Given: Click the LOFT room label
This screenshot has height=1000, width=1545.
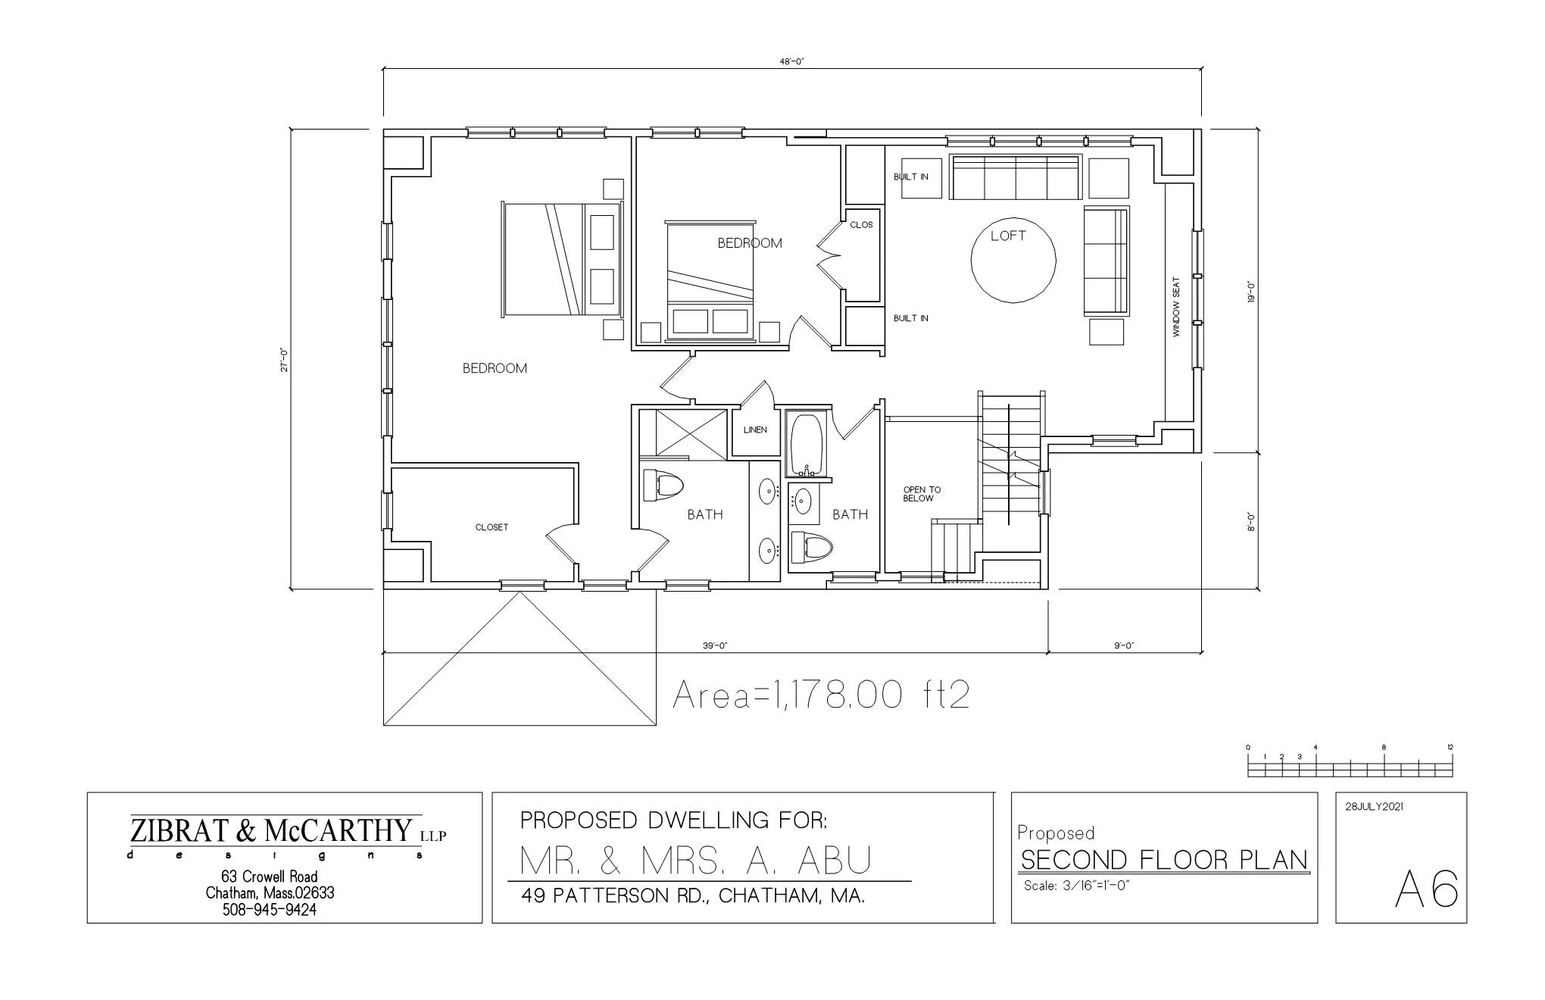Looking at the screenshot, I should coord(1008,236).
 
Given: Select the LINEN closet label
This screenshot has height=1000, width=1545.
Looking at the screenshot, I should coord(755,430).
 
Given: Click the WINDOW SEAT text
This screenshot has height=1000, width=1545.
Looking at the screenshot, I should coord(1176,307).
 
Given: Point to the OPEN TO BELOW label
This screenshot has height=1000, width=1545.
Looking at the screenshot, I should coord(922,494).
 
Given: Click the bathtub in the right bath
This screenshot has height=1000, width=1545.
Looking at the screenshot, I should coord(807,444).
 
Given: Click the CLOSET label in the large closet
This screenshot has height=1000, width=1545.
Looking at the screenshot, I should coord(492,527).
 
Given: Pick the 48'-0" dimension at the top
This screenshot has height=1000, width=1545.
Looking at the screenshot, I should coord(791,62).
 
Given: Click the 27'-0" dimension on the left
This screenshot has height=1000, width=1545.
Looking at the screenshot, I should coord(283,360).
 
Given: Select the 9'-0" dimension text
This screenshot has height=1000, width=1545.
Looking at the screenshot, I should coord(1124,646).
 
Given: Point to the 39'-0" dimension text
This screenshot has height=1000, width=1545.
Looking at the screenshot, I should coord(715,646).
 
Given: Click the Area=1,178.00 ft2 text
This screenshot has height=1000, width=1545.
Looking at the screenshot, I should coord(821,695).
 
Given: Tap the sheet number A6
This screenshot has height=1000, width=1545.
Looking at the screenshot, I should coord(1426,889).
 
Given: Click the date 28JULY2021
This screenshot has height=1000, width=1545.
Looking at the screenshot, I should coord(1374,807).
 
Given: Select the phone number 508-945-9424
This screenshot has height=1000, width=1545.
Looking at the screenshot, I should coord(269,910).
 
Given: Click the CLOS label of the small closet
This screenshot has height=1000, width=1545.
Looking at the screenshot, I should coord(861,225).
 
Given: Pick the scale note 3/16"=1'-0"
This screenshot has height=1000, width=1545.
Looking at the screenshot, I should coord(1076,886).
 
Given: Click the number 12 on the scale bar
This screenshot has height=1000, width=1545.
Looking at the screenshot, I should coord(1450,748).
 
